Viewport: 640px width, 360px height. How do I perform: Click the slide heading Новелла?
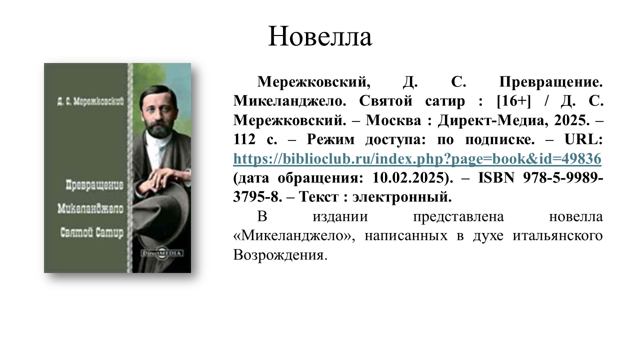(x=320, y=36)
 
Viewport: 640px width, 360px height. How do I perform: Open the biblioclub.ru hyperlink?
(x=417, y=158)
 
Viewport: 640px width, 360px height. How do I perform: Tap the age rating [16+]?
(x=513, y=101)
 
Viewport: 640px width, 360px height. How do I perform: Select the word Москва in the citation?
(x=393, y=120)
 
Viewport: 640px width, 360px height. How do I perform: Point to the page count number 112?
(x=244, y=139)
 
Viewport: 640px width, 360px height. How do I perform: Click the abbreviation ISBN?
(x=496, y=177)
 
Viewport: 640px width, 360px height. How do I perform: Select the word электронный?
(x=401, y=197)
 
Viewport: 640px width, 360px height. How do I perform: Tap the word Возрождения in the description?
(x=279, y=255)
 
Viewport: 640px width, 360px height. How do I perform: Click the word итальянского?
(x=557, y=235)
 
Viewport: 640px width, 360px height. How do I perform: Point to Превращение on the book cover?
(x=94, y=185)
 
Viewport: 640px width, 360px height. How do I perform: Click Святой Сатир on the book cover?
(x=91, y=232)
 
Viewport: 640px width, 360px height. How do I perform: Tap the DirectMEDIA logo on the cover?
(x=162, y=253)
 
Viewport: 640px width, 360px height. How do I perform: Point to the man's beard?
(x=157, y=128)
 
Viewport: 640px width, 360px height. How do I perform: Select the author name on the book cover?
(x=90, y=101)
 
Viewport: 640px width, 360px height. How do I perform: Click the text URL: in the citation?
(x=583, y=139)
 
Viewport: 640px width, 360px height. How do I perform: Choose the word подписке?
(x=499, y=139)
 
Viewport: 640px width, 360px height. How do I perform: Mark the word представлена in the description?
(x=458, y=217)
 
